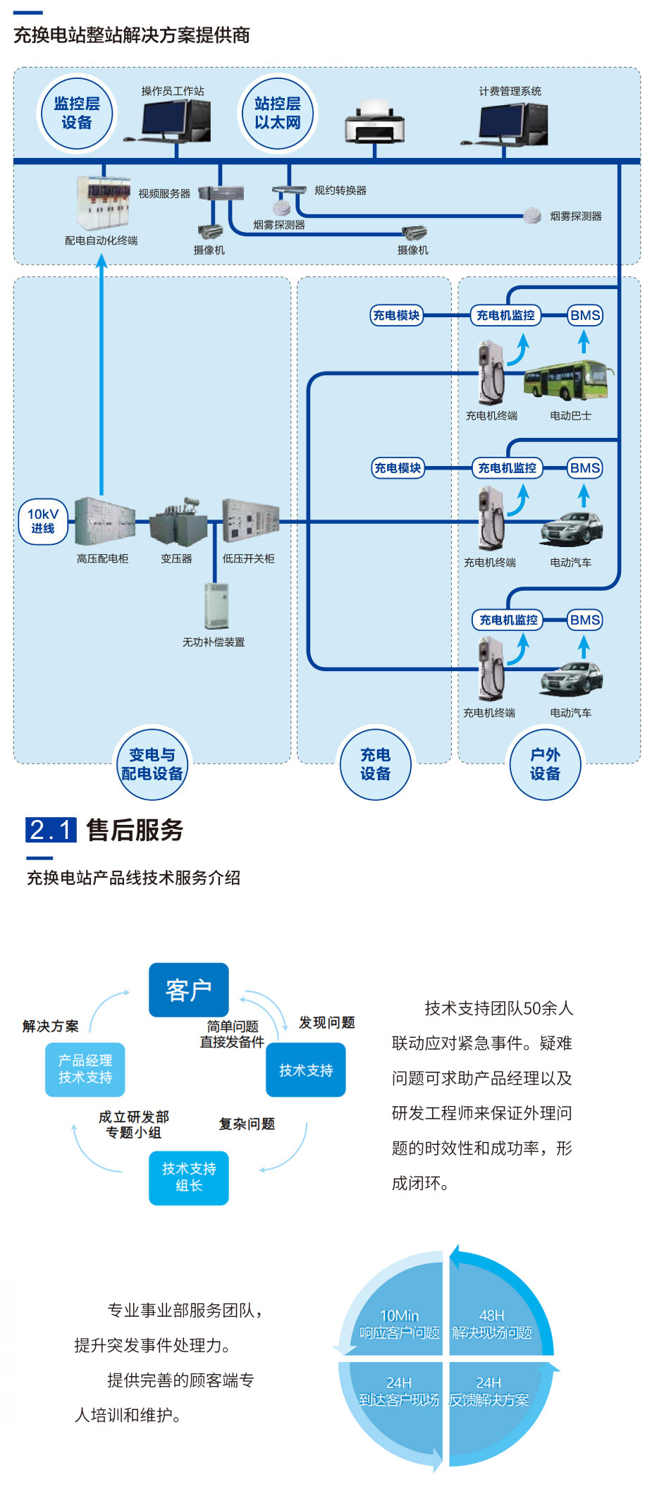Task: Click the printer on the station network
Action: click(374, 123)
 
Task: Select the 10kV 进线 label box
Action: click(43, 522)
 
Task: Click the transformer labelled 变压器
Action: click(178, 523)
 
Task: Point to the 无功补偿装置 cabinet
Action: click(217, 606)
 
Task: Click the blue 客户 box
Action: click(189, 990)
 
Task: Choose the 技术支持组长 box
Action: click(189, 1177)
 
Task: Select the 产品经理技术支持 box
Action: click(85, 1069)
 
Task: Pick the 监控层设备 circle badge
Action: click(77, 114)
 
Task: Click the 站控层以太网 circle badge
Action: click(278, 114)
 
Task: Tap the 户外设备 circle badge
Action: click(545, 765)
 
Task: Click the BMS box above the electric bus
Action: click(585, 315)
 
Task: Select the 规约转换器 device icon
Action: click(289, 190)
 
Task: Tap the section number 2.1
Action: click(51, 830)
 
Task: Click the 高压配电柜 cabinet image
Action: click(104, 522)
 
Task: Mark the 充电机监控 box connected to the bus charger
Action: click(505, 315)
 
